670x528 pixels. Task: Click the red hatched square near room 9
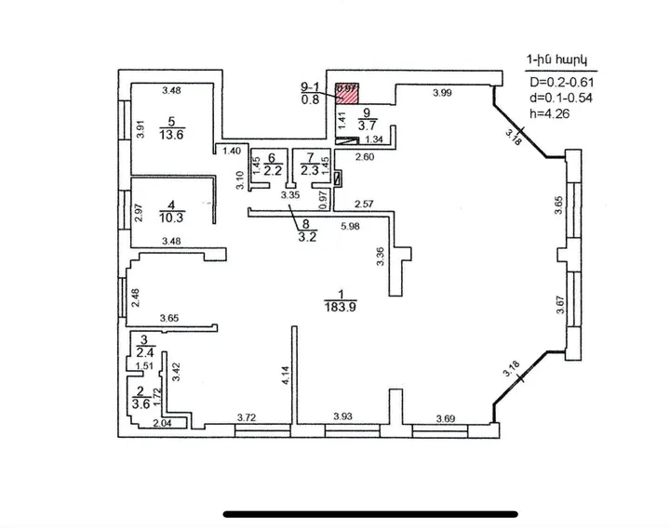point(348,90)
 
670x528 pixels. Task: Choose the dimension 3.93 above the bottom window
point(347,417)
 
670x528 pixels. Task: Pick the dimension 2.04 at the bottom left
point(160,423)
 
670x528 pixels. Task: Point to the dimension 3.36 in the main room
point(381,257)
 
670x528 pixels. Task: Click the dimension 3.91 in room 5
point(141,131)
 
